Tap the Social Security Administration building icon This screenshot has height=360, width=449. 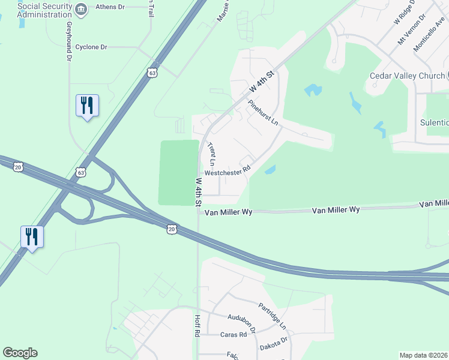pyautogui.click(x=83, y=8)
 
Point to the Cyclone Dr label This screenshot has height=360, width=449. pyautogui.click(x=91, y=46)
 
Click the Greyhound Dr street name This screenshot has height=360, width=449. pyautogui.click(x=70, y=41)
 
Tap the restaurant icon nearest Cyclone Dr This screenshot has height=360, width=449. pyautogui.click(x=87, y=106)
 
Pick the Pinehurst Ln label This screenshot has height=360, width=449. pyautogui.click(x=264, y=112)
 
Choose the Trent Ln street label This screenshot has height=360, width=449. pyautogui.click(x=211, y=154)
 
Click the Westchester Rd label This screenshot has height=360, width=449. pyautogui.click(x=227, y=172)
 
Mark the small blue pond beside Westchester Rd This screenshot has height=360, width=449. pyautogui.click(x=270, y=170)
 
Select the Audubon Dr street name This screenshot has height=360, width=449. pyautogui.click(x=242, y=322)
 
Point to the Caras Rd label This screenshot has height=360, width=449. pyautogui.click(x=234, y=334)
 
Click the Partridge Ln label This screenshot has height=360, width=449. pyautogui.click(x=272, y=316)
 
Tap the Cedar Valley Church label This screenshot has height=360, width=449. pyautogui.click(x=406, y=76)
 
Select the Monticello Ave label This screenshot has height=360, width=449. pyautogui.click(x=429, y=35)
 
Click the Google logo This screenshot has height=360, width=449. pyautogui.click(x=20, y=353)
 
